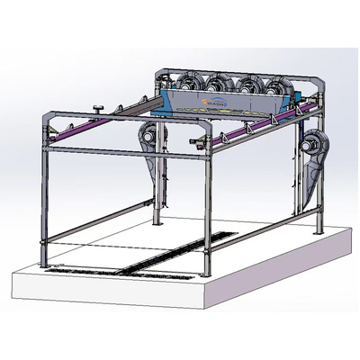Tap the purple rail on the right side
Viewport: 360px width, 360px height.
coord(270,127)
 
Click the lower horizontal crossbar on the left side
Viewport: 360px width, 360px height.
coord(99,220)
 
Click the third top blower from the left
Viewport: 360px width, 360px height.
coord(246,86)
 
